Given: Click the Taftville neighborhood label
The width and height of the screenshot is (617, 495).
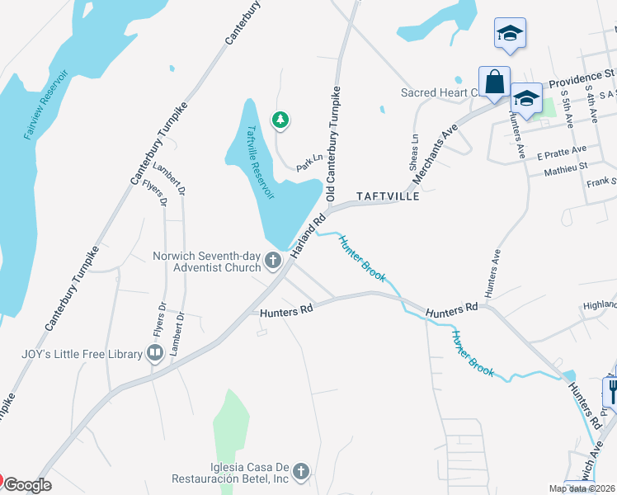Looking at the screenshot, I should click(x=388, y=197).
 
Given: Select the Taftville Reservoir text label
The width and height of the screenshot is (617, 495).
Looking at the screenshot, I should click(x=260, y=163).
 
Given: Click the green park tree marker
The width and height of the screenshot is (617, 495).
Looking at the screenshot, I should click(x=281, y=120).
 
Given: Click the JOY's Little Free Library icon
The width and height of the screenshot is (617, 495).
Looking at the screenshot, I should click(x=154, y=354).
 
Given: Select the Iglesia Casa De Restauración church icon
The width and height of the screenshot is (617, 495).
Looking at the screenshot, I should click(x=302, y=471).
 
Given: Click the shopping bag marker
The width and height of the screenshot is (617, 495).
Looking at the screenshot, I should click(x=494, y=82).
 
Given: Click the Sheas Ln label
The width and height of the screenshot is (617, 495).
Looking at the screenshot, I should click(x=414, y=149).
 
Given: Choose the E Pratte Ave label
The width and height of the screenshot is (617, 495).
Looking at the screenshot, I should click(x=561, y=153).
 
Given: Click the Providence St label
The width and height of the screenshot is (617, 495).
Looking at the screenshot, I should click(x=577, y=79).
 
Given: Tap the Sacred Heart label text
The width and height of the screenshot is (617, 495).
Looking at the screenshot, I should click(x=440, y=92).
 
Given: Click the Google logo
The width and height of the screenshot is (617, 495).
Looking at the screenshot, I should click(x=27, y=485).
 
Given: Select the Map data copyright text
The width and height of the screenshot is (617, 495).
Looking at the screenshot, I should click(x=582, y=488).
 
